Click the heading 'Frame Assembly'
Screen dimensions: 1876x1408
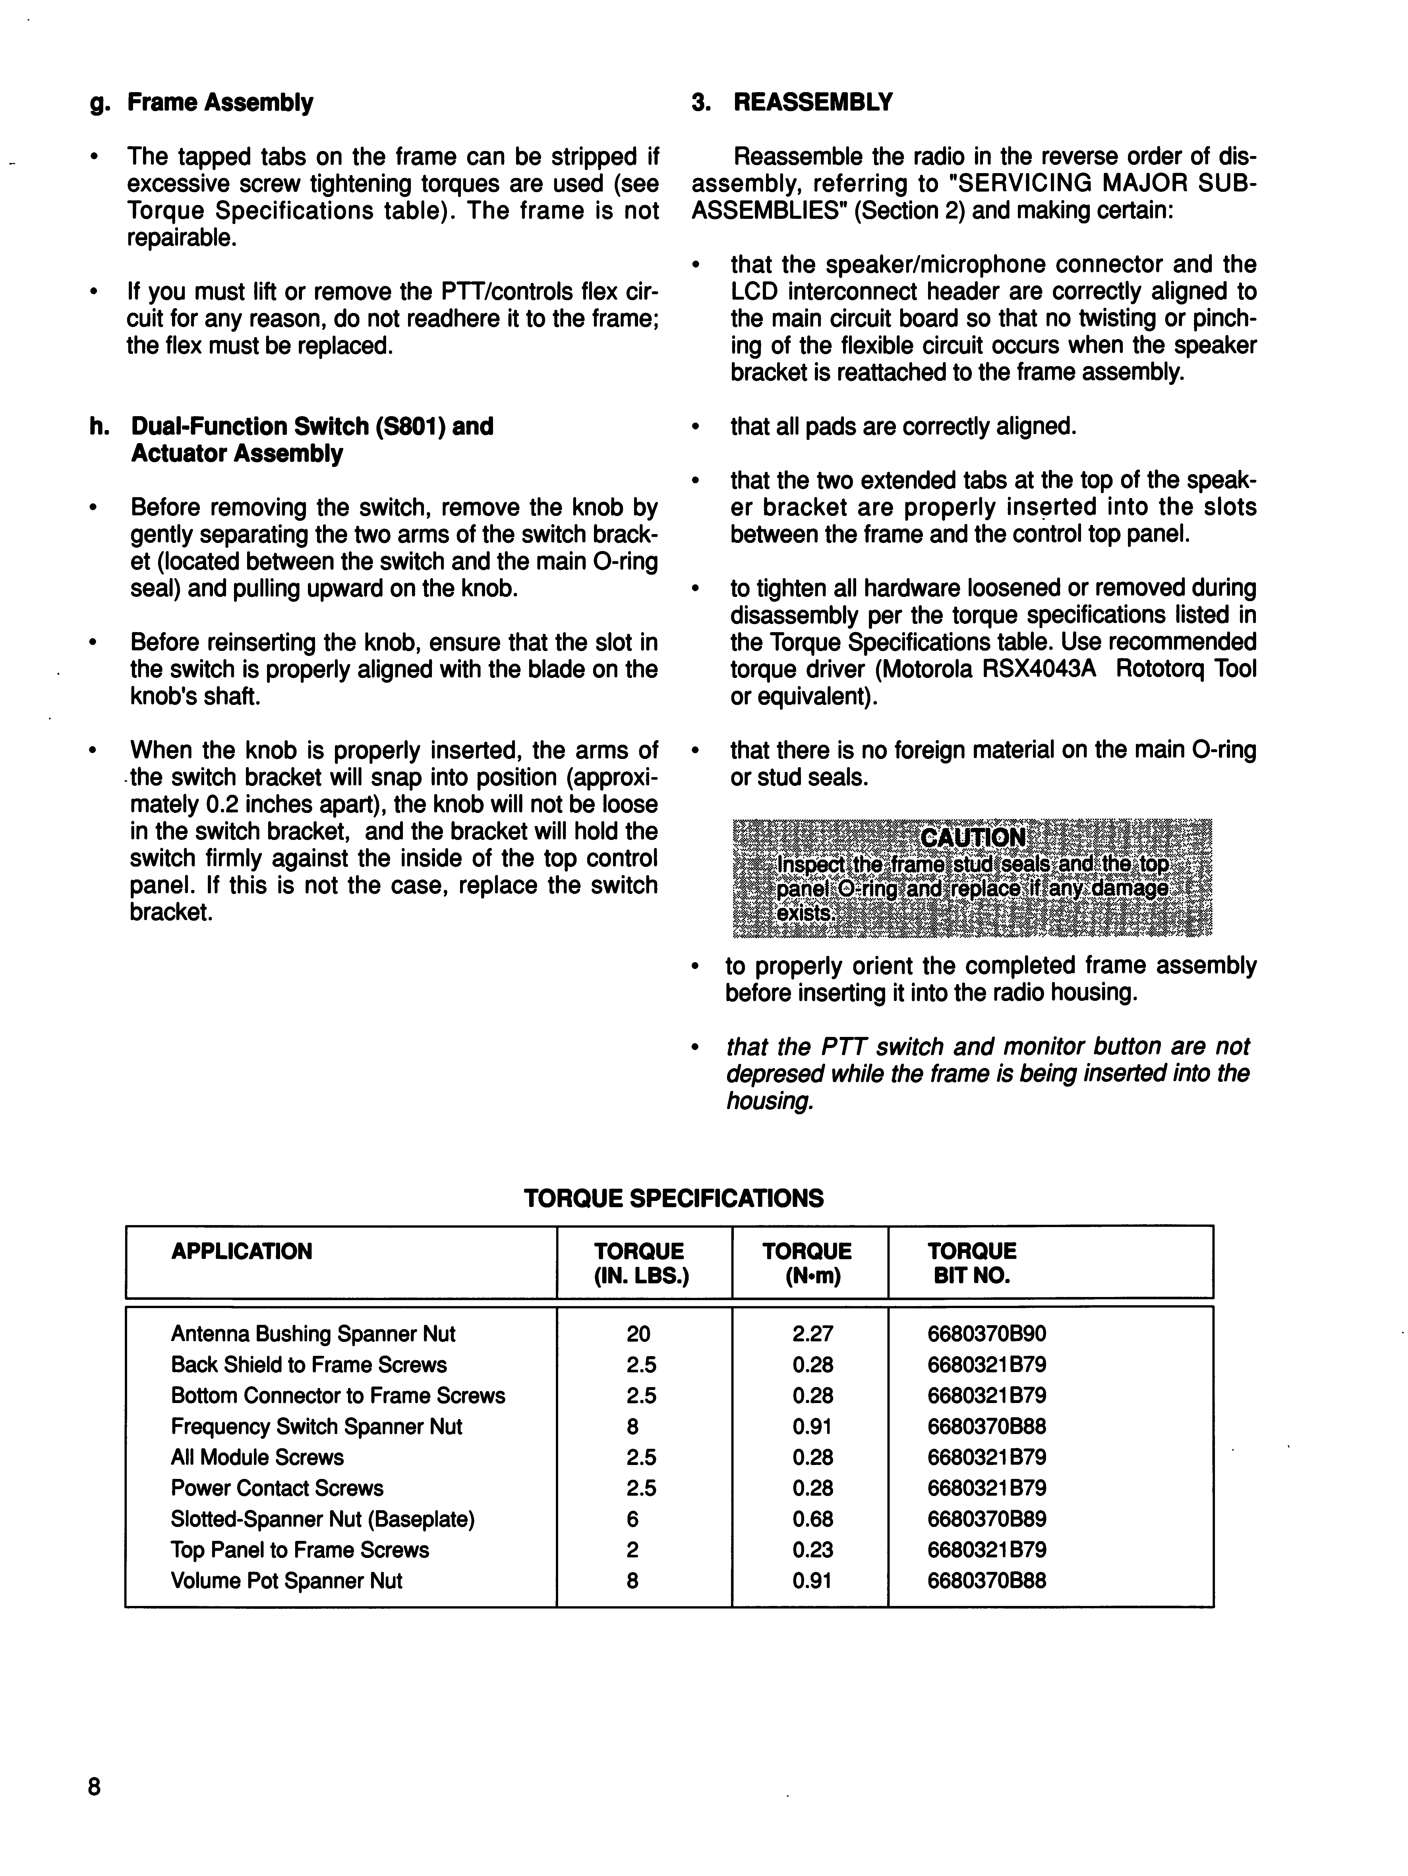tap(220, 103)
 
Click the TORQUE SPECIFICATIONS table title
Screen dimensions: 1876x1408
tap(674, 1198)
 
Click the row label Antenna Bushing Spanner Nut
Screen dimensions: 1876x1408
tap(313, 1334)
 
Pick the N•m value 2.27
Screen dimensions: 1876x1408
tap(812, 1334)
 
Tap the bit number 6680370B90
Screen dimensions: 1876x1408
tap(986, 1334)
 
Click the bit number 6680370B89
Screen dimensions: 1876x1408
tap(986, 1519)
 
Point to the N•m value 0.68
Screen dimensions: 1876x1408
tap(812, 1519)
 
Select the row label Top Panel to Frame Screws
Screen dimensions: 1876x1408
tap(299, 1550)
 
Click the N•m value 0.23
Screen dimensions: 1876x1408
tap(812, 1550)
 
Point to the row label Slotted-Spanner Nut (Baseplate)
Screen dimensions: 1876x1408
tap(322, 1519)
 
